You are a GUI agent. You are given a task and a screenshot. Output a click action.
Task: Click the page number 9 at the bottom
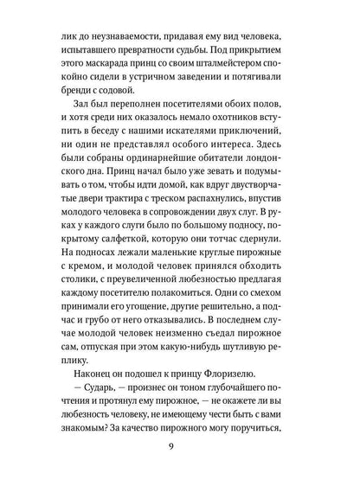(180, 448)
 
